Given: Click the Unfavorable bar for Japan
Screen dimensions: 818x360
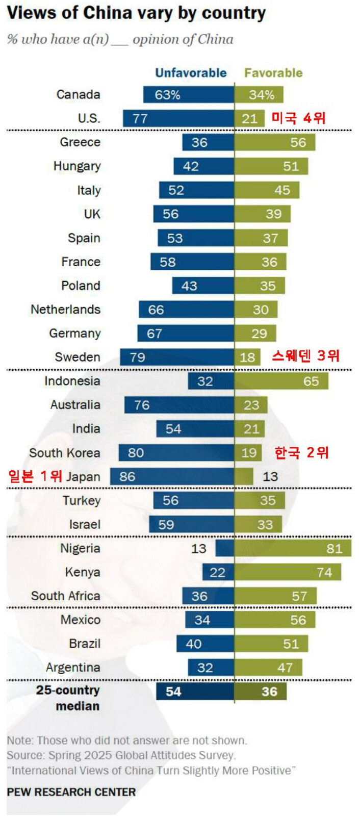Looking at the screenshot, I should (172, 477).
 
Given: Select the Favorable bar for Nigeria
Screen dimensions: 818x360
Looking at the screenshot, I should (293, 548).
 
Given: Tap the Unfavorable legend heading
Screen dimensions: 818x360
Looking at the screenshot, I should (191, 73).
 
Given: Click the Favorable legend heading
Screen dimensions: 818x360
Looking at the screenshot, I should (273, 73).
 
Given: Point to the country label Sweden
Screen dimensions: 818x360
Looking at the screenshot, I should (78, 357).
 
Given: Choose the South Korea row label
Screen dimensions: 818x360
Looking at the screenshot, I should (65, 453).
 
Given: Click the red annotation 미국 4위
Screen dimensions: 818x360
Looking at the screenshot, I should (298, 118).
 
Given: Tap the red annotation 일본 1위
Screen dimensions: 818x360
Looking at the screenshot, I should (34, 476).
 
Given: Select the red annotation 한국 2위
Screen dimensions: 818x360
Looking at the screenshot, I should (302, 452).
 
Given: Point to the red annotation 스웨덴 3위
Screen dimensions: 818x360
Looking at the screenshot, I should (305, 355).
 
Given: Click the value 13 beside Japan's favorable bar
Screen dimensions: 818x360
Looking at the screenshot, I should (270, 477).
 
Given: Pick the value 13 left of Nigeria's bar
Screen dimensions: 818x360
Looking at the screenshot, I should (198, 549).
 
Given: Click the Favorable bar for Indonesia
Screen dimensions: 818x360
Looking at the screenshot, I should (281, 381).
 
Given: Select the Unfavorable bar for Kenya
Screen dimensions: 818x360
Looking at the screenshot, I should (218, 572).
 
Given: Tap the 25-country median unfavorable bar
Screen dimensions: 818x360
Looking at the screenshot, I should (195, 692).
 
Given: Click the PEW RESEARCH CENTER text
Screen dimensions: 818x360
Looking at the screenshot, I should (71, 792).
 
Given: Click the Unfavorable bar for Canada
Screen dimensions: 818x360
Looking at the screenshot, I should (189, 95).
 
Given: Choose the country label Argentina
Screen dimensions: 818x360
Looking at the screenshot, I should (73, 668).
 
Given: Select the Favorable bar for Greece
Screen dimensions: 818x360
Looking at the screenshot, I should (275, 142).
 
